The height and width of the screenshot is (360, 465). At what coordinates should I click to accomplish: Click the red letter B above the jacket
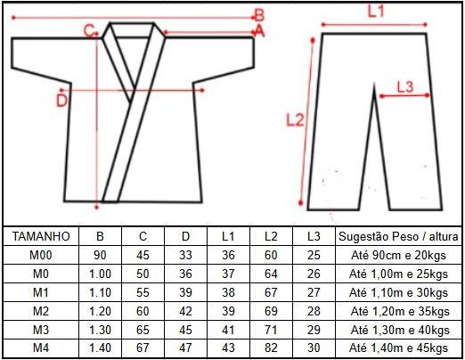259,15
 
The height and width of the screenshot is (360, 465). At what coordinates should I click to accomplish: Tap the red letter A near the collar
259,30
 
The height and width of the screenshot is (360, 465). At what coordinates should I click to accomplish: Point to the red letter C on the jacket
89,31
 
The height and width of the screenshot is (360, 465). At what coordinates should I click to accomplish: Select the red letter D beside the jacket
61,101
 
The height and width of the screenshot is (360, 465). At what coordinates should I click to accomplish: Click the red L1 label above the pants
376,12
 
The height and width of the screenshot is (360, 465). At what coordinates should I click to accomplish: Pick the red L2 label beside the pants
295,120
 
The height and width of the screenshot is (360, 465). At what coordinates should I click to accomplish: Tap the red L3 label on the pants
405,87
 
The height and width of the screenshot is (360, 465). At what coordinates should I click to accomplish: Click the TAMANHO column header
41,236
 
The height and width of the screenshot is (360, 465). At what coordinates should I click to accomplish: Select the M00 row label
41,255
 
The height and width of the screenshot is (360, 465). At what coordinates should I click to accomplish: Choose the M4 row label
41,348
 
